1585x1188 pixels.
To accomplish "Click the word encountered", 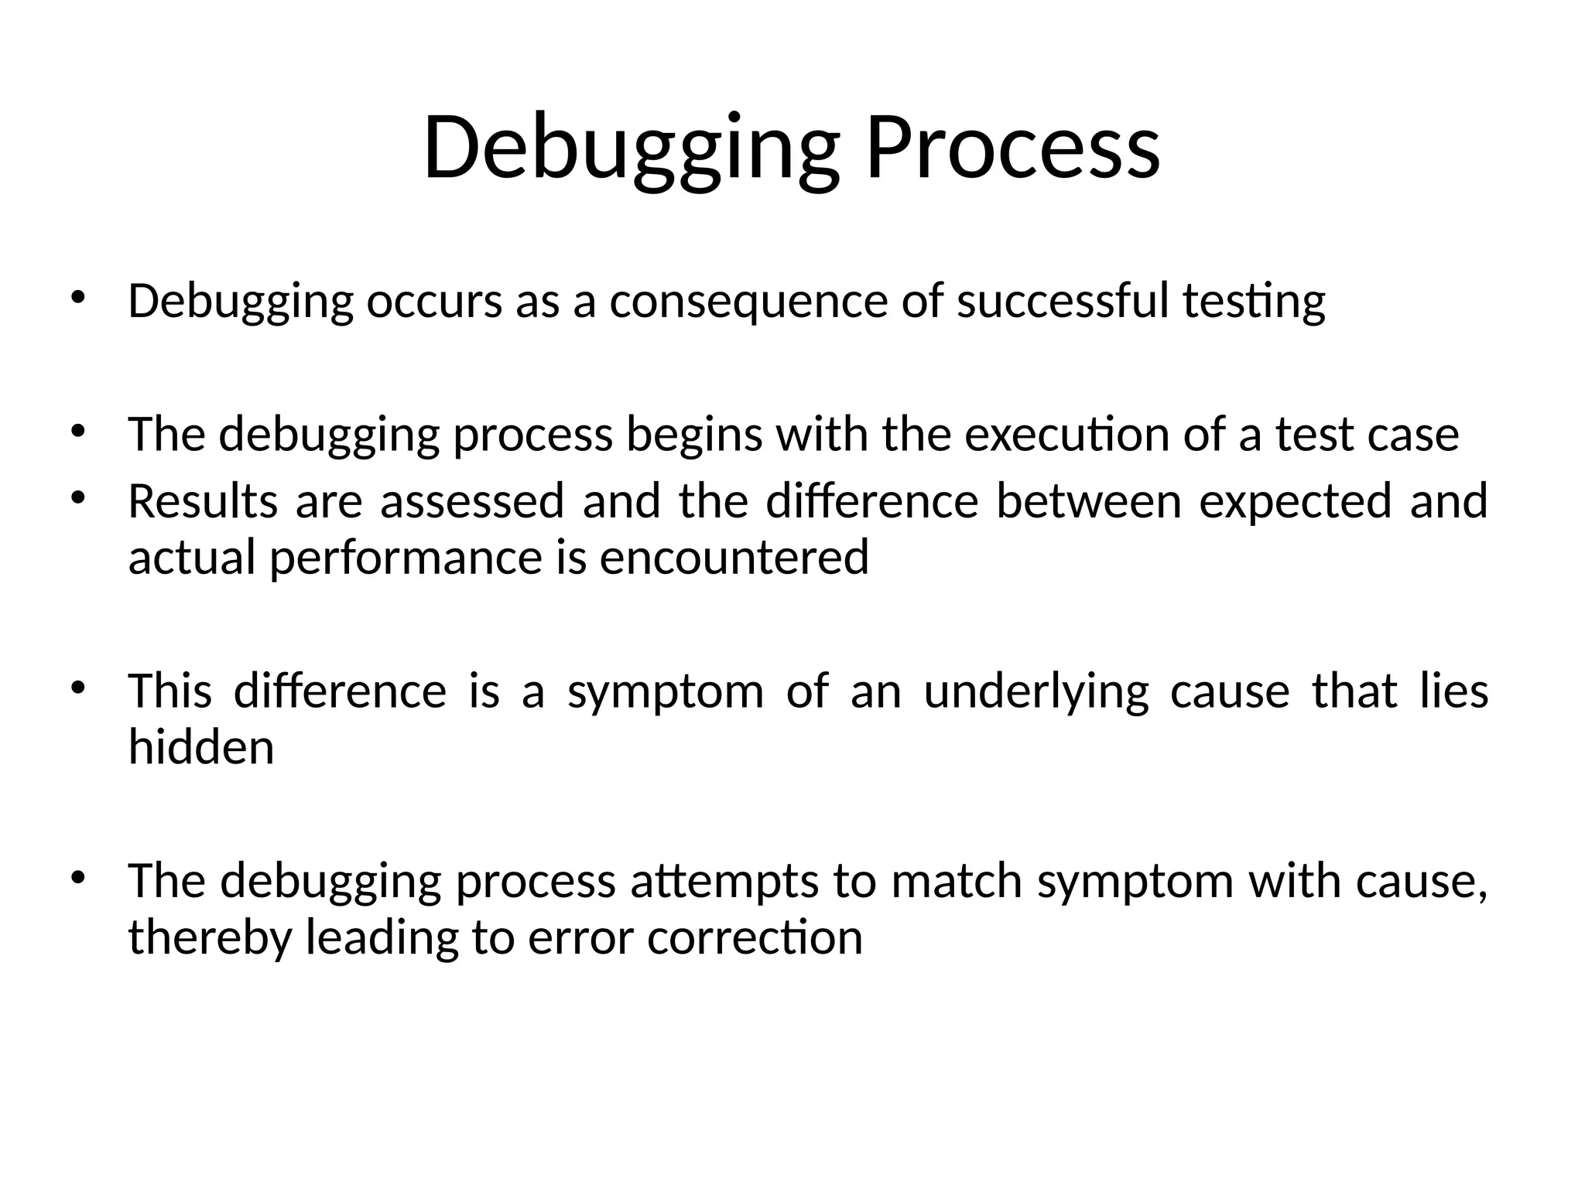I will [734, 557].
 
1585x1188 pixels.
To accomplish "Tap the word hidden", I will [201, 747].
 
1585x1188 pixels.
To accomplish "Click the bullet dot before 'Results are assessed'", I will [77, 499].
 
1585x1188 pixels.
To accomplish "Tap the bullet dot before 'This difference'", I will [77, 688].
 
